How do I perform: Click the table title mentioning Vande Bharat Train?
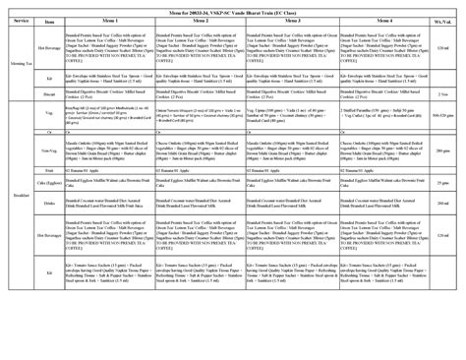click(232, 7)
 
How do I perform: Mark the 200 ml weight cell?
click(443, 204)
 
